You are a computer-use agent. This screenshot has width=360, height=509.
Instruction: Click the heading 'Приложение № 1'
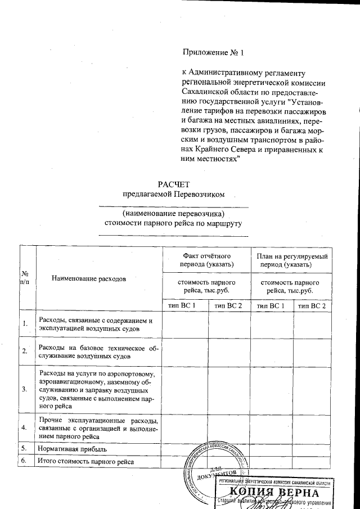click(x=214, y=53)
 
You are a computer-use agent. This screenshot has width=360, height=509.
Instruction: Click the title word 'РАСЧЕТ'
click(x=174, y=183)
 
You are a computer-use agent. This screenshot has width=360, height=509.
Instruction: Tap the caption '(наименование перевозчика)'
click(x=173, y=214)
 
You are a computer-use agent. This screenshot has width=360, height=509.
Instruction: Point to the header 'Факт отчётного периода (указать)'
click(x=206, y=260)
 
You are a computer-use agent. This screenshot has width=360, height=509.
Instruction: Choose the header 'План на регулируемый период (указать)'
click(x=292, y=260)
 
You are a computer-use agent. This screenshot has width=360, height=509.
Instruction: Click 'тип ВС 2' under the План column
click(x=312, y=305)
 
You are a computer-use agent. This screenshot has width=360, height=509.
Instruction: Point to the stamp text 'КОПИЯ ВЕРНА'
click(x=274, y=493)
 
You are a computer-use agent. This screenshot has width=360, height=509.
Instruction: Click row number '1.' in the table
click(x=25, y=323)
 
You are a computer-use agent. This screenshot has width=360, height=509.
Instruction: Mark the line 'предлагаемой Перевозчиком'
click(x=174, y=195)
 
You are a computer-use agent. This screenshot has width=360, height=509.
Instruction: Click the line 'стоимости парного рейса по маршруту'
click(x=173, y=223)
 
